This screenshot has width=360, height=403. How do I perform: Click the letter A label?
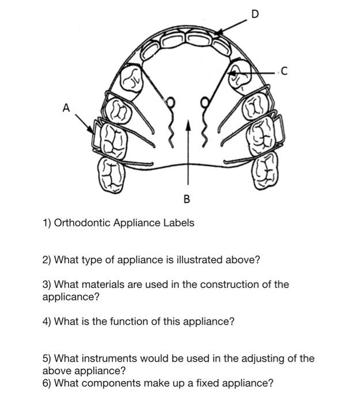click(67, 107)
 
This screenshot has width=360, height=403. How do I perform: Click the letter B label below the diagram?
click(186, 199)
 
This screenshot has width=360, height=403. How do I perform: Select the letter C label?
click(282, 72)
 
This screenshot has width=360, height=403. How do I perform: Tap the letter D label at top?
click(255, 14)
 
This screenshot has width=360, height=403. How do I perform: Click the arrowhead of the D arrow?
click(215, 36)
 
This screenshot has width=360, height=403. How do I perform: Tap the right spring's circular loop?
click(203, 104)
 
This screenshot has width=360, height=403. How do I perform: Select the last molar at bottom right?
click(265, 171)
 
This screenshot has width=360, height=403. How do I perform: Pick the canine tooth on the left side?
click(134, 79)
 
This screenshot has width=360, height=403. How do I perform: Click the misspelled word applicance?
click(69, 297)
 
